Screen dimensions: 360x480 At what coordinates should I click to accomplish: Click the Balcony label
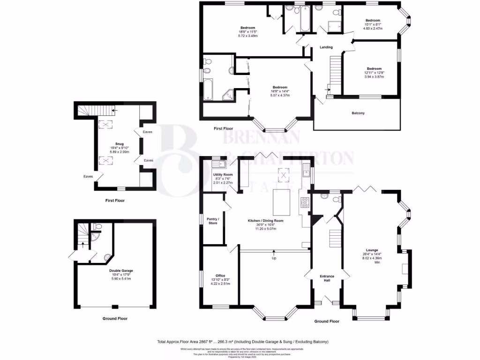click(x=358, y=113)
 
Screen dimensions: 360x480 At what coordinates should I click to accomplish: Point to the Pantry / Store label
click(x=213, y=221)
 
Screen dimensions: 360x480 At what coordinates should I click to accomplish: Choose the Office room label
click(x=221, y=276)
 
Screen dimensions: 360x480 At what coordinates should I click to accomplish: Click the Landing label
click(x=326, y=47)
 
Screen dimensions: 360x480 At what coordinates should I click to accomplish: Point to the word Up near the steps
click(x=274, y=258)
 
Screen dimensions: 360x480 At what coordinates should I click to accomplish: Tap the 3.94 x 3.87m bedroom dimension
click(x=374, y=76)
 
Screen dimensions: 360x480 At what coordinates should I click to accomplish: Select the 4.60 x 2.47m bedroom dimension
click(x=373, y=28)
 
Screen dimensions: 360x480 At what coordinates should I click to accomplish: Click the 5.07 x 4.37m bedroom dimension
click(x=280, y=95)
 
